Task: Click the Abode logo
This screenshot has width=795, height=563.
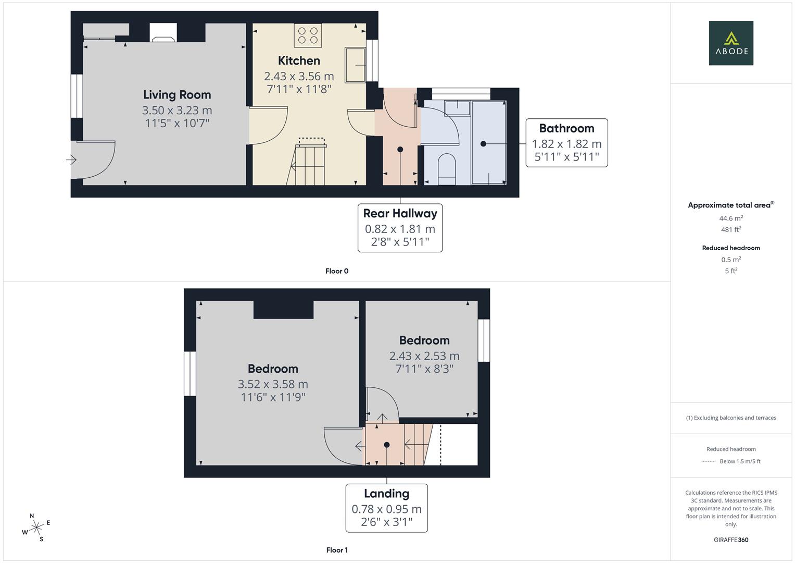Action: click(x=731, y=43)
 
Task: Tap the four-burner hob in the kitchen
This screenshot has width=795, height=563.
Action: click(x=308, y=35)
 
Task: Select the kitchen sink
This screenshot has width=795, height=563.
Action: click(x=355, y=65)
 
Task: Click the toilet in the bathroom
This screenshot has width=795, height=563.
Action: click(x=447, y=169)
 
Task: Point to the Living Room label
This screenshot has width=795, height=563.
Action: click(x=177, y=94)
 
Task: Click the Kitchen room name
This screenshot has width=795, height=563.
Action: click(x=299, y=60)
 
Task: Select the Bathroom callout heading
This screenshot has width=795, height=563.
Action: click(x=566, y=128)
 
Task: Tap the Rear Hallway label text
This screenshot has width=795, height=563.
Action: click(x=400, y=213)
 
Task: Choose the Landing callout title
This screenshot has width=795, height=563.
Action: click(x=386, y=493)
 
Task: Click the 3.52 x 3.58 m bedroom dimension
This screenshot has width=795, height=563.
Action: click(x=273, y=384)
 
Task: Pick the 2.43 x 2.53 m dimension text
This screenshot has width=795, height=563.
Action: click(x=424, y=356)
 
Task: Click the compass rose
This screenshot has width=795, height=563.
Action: click(x=36, y=528)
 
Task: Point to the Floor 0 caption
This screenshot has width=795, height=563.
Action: click(x=337, y=271)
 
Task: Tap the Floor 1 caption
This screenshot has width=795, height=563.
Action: click(x=337, y=550)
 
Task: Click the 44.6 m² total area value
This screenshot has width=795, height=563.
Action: click(x=731, y=218)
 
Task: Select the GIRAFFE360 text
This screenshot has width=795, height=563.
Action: click(x=731, y=540)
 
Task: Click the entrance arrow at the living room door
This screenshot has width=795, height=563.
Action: click(x=71, y=160)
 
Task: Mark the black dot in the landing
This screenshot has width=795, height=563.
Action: click(x=387, y=445)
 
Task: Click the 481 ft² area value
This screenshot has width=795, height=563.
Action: click(x=731, y=229)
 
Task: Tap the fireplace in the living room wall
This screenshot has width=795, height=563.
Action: click(x=163, y=32)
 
